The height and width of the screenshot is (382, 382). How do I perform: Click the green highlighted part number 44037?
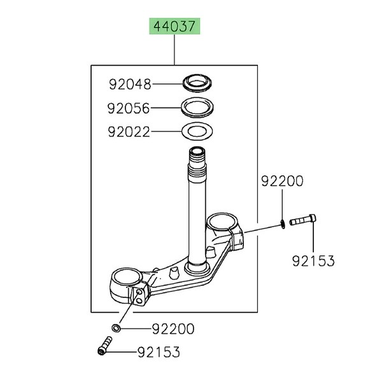click(x=174, y=26)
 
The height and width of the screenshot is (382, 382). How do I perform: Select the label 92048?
click(x=130, y=84)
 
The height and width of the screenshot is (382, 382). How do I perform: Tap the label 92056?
click(x=129, y=108)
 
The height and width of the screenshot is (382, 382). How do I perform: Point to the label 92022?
click(x=129, y=132)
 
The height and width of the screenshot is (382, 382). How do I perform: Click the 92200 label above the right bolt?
click(x=282, y=181)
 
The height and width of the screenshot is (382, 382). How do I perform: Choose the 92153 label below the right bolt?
click(x=313, y=260)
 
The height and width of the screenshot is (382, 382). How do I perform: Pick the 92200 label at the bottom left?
click(x=173, y=329)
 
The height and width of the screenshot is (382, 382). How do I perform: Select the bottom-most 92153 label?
click(x=159, y=352)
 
